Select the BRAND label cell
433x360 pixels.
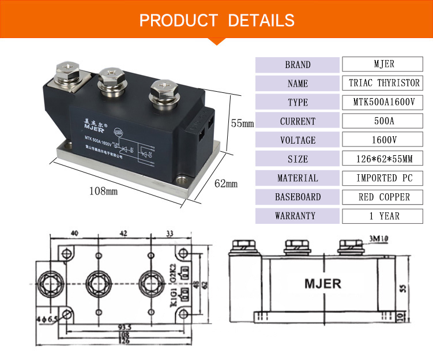tap(298, 65)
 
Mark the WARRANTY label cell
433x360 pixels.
tap(298, 216)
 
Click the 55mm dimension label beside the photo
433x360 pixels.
tap(242, 123)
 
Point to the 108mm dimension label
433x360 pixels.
tap(104, 190)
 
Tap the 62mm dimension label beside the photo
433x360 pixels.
tap(226, 184)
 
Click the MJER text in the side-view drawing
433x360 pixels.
tap(323, 283)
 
